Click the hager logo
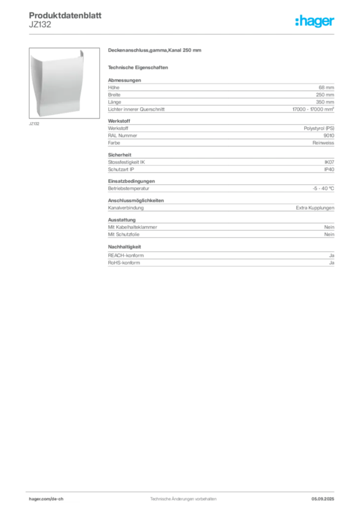[x=315, y=21]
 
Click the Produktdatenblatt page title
[x=65, y=15]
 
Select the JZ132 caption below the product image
[x=34, y=124]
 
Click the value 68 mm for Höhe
[x=326, y=87]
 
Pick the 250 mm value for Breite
[x=325, y=95]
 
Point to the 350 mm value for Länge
[x=325, y=102]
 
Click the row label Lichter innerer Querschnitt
[x=136, y=109]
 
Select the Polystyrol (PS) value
[x=319, y=128]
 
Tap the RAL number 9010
[x=329, y=136]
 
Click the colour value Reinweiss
[x=323, y=143]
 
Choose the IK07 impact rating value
[x=329, y=162]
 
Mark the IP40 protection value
[x=329, y=170]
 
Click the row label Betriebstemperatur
[x=129, y=188]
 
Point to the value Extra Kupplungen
[x=315, y=208]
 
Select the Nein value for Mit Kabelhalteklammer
[x=329, y=227]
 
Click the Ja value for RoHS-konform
[x=332, y=263]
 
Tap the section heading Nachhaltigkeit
[x=125, y=247]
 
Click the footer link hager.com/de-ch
[x=46, y=499]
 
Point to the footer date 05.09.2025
[x=323, y=499]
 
